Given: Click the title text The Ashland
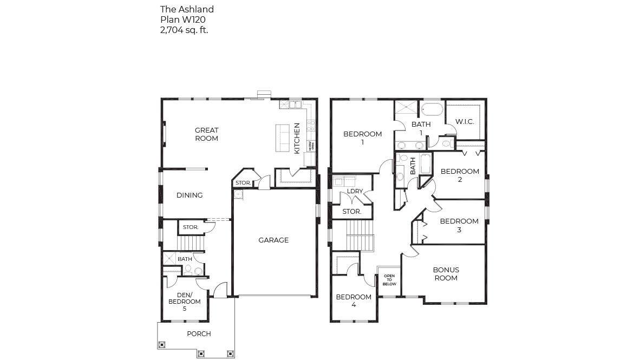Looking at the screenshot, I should tap(187, 9).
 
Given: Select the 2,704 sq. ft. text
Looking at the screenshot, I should tap(184, 30).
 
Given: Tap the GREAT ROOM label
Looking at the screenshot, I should tap(207, 134).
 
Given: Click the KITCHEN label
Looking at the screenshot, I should tap(297, 138).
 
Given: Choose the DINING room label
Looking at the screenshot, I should tap(190, 195).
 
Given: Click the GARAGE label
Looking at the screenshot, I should tap(273, 240).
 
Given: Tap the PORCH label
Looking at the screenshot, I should tap(199, 334).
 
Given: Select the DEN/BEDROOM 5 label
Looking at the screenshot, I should tap(185, 302).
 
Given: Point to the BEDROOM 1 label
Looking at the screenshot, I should tap(363, 138).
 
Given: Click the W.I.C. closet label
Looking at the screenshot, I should tap(465, 122).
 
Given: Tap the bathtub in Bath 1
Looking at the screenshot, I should tap(432, 109).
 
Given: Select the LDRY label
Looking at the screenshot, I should tap(355, 192).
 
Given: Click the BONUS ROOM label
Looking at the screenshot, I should tap(446, 274).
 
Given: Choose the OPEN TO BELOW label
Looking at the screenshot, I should tap(389, 280).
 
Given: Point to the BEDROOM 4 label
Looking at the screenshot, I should tap(354, 300).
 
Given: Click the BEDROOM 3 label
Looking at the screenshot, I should tap(459, 225).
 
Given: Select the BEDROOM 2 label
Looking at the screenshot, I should tap(460, 175).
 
